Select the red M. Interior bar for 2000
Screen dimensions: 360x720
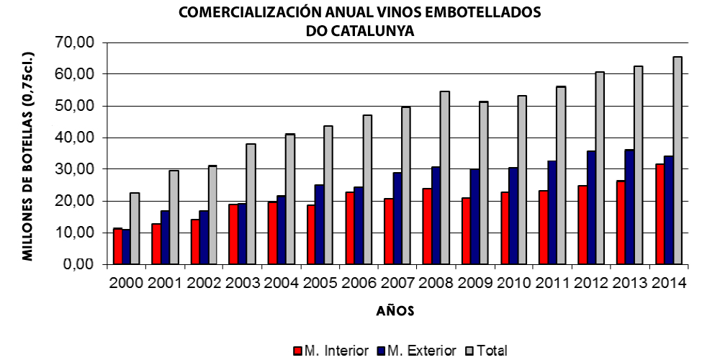(117, 246)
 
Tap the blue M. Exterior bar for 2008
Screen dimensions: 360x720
(436, 215)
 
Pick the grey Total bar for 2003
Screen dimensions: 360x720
(251, 204)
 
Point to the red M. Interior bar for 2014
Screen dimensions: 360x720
(660, 214)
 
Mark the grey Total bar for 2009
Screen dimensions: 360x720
(483, 183)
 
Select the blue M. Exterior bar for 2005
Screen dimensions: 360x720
(320, 224)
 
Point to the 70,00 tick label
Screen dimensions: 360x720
(75, 42)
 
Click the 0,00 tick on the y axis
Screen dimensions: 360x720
(78, 264)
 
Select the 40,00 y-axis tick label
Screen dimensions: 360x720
(75, 138)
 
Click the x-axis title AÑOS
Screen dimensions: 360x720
(395, 312)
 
